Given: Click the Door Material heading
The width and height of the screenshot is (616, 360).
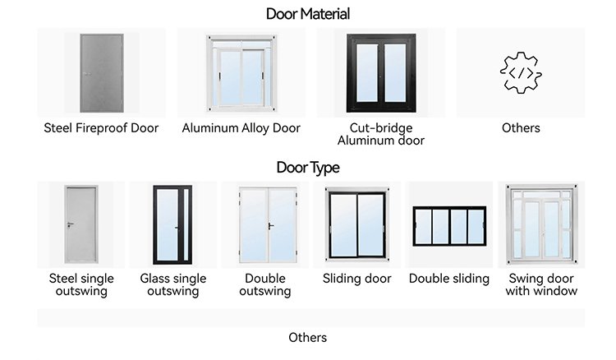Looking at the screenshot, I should (x=308, y=14).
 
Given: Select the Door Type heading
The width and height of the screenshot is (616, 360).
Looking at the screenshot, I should (x=308, y=168).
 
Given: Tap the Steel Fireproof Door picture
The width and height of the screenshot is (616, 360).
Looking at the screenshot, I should (x=101, y=72).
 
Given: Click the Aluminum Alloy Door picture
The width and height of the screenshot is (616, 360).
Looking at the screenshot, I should (x=241, y=72).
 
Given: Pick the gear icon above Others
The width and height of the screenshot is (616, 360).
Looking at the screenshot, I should (x=521, y=72).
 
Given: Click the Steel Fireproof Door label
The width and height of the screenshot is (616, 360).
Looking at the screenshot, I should (x=101, y=128).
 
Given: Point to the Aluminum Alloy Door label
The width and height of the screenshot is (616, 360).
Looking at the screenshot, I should (x=241, y=128).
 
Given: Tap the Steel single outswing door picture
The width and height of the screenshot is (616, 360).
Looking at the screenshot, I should (x=81, y=224).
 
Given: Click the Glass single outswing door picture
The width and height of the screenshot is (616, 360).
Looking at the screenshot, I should (x=172, y=224).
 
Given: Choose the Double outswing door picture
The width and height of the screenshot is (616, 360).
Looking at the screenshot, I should (x=264, y=224).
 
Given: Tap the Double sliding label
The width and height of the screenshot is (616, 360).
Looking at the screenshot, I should (x=449, y=279).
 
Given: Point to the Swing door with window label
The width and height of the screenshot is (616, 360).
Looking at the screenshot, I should (x=541, y=284).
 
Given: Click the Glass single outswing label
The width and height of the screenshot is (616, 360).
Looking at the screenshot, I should (x=172, y=284).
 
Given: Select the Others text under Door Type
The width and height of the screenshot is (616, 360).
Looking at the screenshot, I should (x=308, y=338).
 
